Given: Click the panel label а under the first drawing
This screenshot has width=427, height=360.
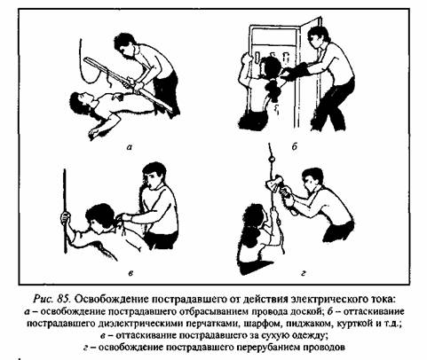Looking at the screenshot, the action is click(129, 146).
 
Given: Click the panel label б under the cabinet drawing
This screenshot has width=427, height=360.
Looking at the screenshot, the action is click(294, 146).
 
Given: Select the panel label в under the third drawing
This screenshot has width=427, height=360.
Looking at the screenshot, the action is click(130, 273).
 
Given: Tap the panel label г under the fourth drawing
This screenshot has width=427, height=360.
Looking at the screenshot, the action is click(303, 273).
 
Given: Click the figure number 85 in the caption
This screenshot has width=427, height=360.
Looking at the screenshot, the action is click(63, 299).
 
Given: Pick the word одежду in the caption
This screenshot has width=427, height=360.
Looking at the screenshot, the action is click(308, 335).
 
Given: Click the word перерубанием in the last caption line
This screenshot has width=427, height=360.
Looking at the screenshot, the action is click(266, 347).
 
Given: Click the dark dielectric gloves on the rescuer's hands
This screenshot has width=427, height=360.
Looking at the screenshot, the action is click(297, 72).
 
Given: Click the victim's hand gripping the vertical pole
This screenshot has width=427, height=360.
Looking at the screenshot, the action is click(66, 218).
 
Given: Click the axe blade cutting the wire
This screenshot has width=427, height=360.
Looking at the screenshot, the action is click(273, 184).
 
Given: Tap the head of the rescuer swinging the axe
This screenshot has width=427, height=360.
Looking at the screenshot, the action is click(312, 179).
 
